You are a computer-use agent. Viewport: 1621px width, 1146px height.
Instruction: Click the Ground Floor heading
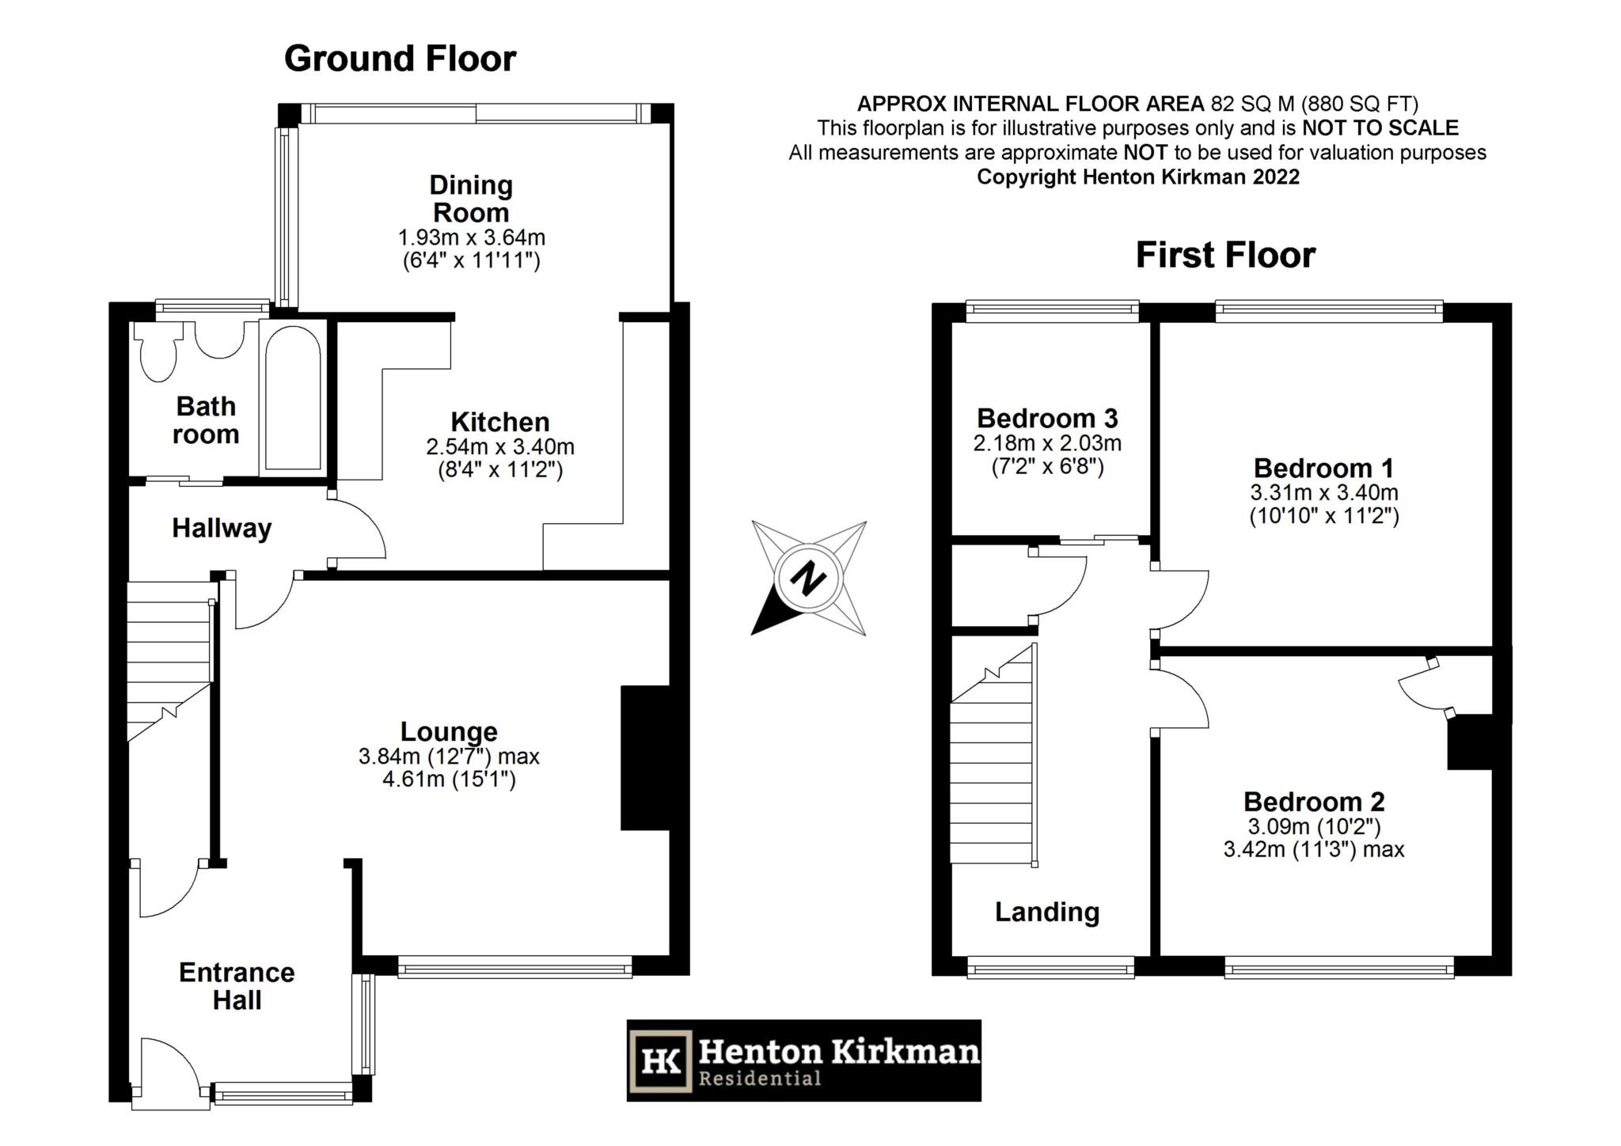400,59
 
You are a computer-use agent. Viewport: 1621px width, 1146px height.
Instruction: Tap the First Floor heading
1225,256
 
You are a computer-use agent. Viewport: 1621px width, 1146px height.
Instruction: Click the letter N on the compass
808,579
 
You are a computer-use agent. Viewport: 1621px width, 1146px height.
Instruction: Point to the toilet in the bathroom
157,358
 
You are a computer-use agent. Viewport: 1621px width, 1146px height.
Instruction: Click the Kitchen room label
499,422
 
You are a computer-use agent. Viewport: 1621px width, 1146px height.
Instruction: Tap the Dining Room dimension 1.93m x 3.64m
471,237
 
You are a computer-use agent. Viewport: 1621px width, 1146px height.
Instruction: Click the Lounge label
449,731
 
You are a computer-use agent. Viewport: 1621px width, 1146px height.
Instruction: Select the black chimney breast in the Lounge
645,757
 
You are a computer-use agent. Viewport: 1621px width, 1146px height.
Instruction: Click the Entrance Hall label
237,986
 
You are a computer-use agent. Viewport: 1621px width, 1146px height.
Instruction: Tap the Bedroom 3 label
1046,418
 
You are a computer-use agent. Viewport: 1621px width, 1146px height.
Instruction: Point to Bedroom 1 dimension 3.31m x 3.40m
1323,492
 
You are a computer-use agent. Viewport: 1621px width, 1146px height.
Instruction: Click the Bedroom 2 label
1314,802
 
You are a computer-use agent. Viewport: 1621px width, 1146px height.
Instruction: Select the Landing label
1046,913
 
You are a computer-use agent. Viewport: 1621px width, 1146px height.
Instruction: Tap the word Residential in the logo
759,1078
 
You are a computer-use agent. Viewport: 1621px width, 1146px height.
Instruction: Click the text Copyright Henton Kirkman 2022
1137,176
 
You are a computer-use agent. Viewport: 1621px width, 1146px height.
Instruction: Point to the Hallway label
222,528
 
